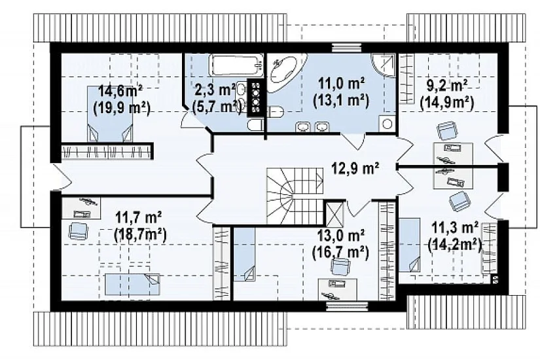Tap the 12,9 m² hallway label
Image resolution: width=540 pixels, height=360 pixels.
pyautogui.click(x=355, y=168)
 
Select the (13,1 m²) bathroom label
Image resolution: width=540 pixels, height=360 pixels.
pyautogui.click(x=341, y=100)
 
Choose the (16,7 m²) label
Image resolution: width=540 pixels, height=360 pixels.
pyautogui.click(x=340, y=253)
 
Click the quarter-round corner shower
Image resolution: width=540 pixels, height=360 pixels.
pyautogui.click(x=384, y=65)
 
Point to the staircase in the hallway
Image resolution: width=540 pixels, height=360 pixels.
pyautogui.click(x=295, y=196)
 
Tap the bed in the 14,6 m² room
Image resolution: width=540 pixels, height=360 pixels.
pyautogui.click(x=109, y=114)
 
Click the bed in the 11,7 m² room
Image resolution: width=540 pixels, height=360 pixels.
pyautogui.click(x=132, y=285)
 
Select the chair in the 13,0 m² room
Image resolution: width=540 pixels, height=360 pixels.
pyautogui.click(x=340, y=266)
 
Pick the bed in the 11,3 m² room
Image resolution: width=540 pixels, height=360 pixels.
pyautogui.click(x=410, y=245)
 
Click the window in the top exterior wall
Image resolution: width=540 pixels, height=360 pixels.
pyautogui.click(x=346, y=47)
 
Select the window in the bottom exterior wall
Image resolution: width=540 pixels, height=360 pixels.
pyautogui.click(x=347, y=306)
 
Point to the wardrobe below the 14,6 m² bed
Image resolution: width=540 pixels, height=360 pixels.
pyautogui.click(x=107, y=152)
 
